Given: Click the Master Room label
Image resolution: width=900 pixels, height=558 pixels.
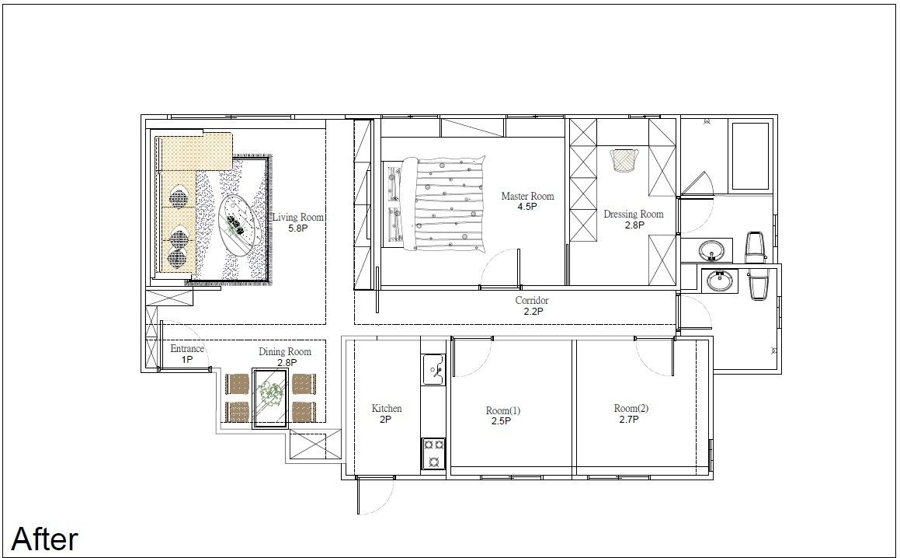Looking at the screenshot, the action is coord(527,196).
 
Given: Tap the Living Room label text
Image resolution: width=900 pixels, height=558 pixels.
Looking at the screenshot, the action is coord(298,218).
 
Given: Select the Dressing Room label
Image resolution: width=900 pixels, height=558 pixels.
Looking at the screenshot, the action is coord(633,214).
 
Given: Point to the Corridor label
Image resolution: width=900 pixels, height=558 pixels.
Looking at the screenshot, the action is coord(531,301).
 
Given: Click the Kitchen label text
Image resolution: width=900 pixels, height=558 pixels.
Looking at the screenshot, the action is coord(386,409).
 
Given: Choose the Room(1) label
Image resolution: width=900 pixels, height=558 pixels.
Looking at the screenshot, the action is coord(503,411).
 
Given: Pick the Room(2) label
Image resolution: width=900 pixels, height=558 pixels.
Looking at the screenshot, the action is coord(631,409).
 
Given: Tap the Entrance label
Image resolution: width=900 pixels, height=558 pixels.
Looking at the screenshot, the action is coord(187,349).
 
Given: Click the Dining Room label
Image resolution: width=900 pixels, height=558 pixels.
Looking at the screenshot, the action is coord(285,352).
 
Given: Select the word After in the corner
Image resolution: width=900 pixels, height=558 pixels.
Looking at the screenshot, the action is coord(45,539).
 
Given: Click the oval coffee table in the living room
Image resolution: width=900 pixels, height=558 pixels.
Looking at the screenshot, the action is coord(241,223).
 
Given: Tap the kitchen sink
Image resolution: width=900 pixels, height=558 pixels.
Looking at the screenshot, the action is coord(433,369).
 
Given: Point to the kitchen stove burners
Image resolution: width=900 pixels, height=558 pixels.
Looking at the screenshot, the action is coord(433,453).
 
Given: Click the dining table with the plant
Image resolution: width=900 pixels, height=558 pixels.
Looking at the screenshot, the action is coord(270,398).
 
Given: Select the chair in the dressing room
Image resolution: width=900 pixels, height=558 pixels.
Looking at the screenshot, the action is coord(624,160).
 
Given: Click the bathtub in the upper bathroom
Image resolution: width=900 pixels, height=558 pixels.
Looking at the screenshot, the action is coord(749,155).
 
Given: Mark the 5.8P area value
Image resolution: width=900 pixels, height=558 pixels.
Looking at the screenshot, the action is coord(298,228).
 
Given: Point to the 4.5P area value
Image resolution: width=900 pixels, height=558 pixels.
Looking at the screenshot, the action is coord(527,207).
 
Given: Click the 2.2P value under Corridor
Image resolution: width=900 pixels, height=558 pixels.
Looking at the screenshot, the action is coord(533,312).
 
